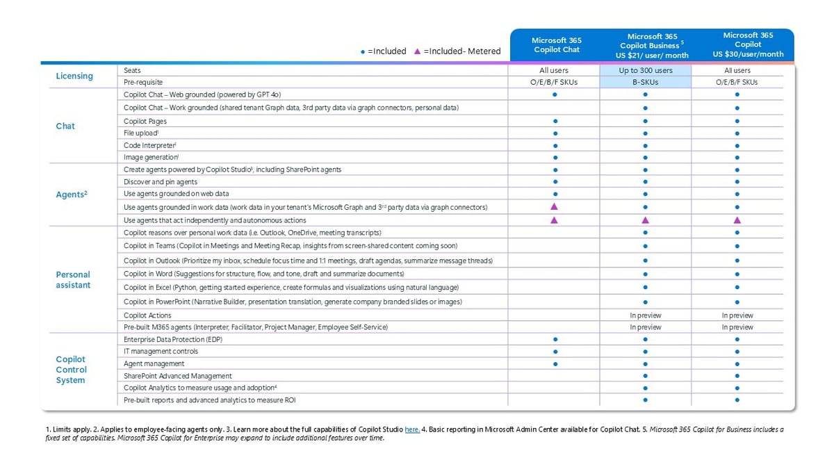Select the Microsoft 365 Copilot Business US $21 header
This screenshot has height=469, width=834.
[646, 45]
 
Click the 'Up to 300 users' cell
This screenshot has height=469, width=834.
[646, 70]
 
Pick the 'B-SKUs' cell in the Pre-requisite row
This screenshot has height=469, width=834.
[646, 82]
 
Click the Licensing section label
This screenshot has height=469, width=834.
[74, 76]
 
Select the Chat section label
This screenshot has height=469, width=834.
[65, 126]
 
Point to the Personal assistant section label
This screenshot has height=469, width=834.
[73, 280]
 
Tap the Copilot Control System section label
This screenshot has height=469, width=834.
[71, 370]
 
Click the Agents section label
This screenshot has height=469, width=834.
[72, 195]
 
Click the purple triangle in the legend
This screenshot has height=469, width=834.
[417, 51]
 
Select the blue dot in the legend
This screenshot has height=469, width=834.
[363, 51]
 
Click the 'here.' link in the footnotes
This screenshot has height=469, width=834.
[411, 429]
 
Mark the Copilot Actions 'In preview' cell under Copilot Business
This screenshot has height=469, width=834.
[646, 315]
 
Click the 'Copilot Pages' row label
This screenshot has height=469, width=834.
[145, 121]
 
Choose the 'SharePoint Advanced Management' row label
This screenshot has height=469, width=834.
[177, 376]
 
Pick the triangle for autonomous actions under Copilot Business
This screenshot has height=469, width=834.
[646, 220]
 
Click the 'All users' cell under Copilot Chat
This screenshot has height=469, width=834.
[554, 70]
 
